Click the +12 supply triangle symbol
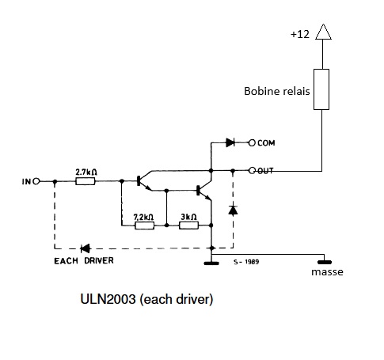[323, 32]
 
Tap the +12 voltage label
[300, 34]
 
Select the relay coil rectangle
[321, 89]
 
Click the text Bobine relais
[277, 91]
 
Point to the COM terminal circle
[252, 142]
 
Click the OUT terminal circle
[253, 171]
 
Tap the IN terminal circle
[36, 181]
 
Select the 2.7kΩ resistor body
[85, 181]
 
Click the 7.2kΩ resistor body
[144, 225]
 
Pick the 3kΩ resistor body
[188, 225]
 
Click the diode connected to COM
[230, 142]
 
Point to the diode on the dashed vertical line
[233, 210]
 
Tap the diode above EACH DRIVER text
[86, 248]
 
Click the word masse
[327, 272]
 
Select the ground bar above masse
[325, 262]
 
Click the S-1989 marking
[246, 262]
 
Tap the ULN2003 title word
[108, 299]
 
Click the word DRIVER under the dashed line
[99, 260]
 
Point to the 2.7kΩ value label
[86, 172]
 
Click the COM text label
[266, 143]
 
